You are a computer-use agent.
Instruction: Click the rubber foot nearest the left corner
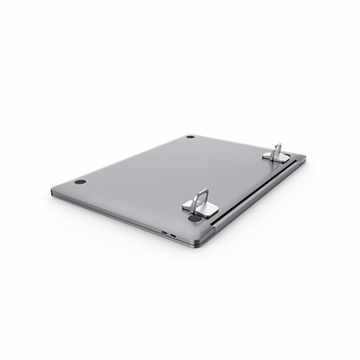point(80,181)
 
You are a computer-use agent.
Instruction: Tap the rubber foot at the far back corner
point(190,137)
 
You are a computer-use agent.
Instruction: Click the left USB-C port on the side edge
point(164,233)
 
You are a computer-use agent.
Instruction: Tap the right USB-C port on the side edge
point(175,236)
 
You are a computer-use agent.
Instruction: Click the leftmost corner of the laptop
point(52,190)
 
